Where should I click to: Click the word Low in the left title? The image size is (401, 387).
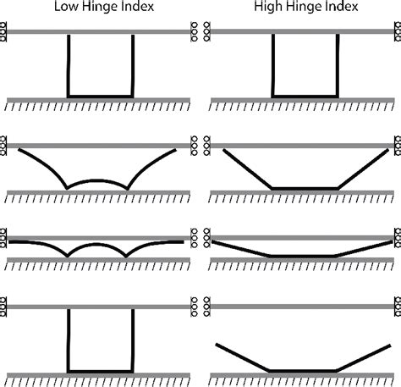point(62,8)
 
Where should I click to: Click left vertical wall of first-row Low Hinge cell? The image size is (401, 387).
point(68,65)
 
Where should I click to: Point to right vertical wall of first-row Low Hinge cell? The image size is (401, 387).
point(133,65)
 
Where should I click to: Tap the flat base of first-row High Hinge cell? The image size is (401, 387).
point(305,97)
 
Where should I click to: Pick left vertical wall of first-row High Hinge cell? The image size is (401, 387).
point(272,65)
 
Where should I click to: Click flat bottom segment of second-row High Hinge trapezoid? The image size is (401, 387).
point(305,187)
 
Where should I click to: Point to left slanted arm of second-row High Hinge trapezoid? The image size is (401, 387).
point(245,169)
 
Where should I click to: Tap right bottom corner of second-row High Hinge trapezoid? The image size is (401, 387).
point(338,187)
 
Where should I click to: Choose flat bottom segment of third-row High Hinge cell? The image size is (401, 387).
point(303,255)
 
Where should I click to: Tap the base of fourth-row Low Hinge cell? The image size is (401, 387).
point(100,370)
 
